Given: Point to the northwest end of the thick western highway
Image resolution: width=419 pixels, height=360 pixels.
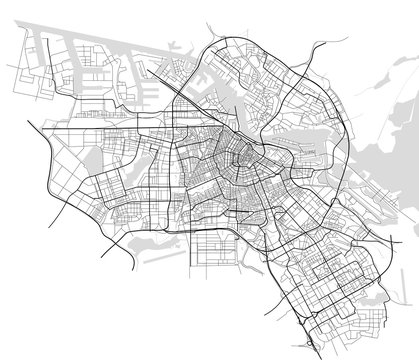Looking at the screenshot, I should pos(30,121).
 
